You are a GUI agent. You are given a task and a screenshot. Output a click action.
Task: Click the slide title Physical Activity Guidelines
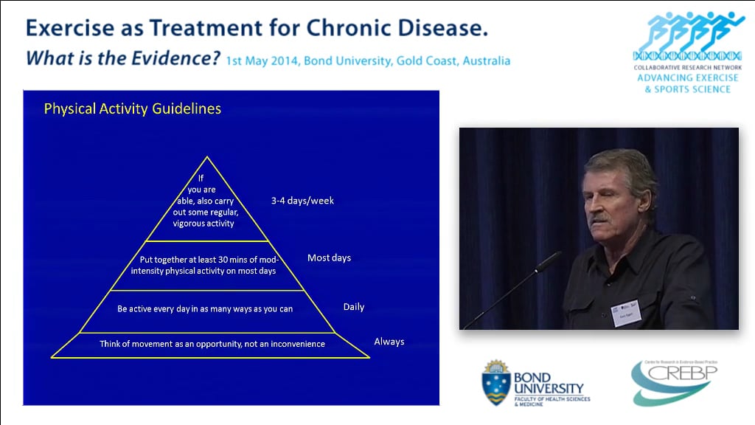(x=132, y=109)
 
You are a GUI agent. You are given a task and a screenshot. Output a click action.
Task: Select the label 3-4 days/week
(x=302, y=201)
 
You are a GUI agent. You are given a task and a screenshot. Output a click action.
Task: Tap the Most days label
(x=329, y=258)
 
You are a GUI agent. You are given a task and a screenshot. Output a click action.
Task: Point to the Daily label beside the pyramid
(x=354, y=307)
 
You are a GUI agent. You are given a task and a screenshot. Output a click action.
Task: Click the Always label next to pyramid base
(x=389, y=342)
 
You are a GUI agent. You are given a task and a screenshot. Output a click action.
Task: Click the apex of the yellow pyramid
(x=208, y=157)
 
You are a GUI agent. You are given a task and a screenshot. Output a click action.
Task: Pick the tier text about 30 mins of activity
(x=208, y=266)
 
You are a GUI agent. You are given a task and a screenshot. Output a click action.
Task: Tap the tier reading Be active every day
(x=205, y=308)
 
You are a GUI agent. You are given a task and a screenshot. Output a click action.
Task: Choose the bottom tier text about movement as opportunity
(x=212, y=344)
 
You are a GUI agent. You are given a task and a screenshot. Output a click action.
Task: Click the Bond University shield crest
(x=495, y=383)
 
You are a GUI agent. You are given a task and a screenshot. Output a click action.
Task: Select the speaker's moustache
(x=601, y=218)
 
